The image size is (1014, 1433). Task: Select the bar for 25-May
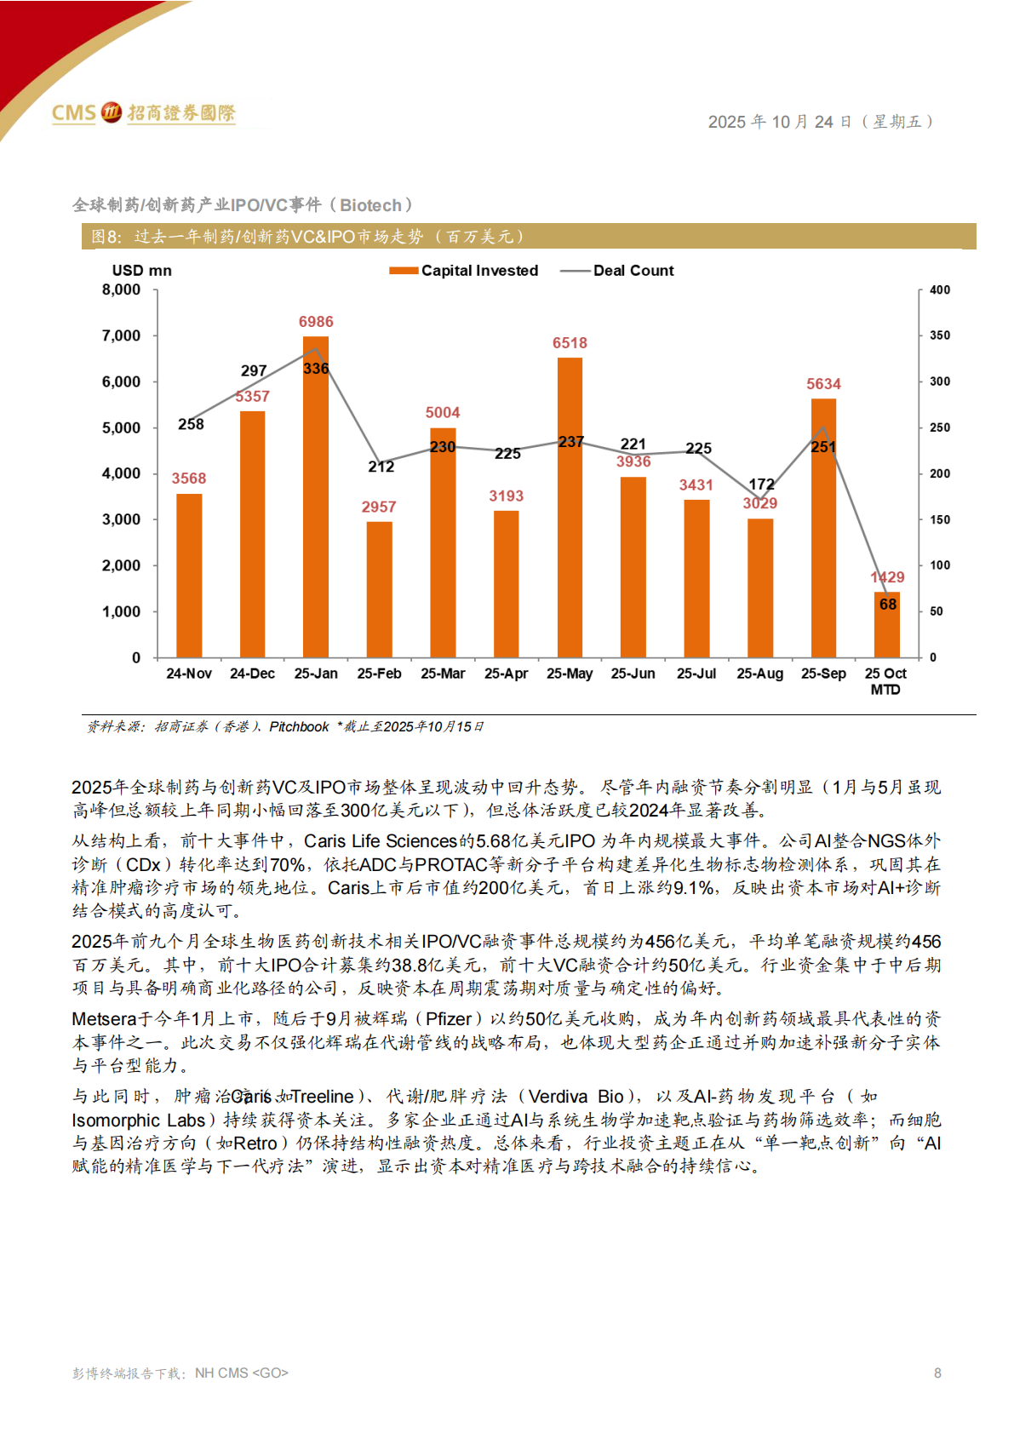[570, 511]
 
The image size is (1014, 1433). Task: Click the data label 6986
[316, 322]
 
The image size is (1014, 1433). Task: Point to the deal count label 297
[254, 371]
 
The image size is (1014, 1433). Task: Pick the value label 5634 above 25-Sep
[823, 384]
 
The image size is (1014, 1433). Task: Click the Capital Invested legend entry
[464, 271]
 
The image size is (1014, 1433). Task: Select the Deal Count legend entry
[617, 271]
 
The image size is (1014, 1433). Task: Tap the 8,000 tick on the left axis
[122, 289]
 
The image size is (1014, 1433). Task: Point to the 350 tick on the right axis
[940, 335]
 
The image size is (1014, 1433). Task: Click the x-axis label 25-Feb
[379, 674]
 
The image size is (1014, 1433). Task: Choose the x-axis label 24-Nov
[189, 674]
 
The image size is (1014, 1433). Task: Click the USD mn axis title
[141, 271]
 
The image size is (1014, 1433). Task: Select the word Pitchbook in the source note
[299, 726]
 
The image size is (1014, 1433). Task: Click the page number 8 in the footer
[937, 1373]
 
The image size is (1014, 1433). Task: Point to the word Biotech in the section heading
[370, 205]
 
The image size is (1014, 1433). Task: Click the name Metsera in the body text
[104, 1019]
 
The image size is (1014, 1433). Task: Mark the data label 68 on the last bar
[888, 604]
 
